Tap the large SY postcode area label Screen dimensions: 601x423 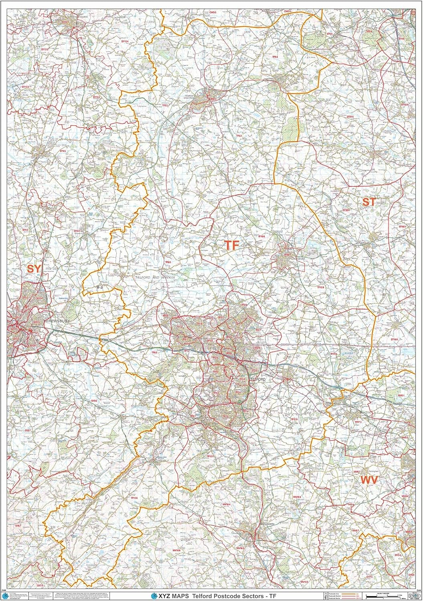tap(34, 268)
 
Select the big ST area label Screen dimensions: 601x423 tap(368, 202)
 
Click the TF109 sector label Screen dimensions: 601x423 tap(320, 288)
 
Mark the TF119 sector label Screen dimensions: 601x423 tap(294, 419)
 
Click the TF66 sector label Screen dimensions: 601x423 tap(168, 262)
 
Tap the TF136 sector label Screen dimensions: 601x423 tap(134, 498)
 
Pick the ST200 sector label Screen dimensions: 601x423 tap(346, 210)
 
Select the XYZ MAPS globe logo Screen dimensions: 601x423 tap(154, 596)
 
